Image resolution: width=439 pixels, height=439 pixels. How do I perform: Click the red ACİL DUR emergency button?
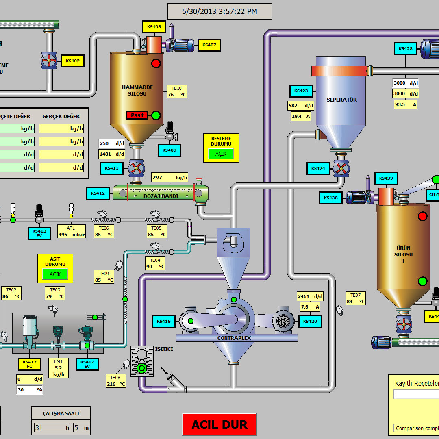coord(219,424)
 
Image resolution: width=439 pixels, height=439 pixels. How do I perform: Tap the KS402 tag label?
coord(73,61)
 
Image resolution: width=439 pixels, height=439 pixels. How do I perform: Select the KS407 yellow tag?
coord(209,45)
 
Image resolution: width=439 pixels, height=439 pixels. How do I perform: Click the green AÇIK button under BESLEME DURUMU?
coord(221,154)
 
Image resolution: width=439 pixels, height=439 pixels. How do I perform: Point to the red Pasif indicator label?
coord(137,115)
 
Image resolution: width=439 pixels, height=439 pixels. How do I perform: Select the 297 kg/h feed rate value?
coord(170,178)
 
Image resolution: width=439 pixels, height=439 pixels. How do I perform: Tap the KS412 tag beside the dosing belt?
coord(98,193)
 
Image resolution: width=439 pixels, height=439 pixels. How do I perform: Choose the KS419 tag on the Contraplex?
coord(163,321)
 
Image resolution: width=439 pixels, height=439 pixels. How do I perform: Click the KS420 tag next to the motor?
coord(310,321)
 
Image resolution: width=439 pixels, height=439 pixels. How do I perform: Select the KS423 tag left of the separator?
coord(301,91)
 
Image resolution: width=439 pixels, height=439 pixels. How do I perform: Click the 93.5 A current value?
coord(405,104)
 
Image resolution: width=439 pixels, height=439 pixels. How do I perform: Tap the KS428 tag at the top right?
coord(405,49)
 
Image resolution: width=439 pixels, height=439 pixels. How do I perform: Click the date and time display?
coord(219,11)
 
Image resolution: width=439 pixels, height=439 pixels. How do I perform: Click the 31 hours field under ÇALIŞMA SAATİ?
coord(52,428)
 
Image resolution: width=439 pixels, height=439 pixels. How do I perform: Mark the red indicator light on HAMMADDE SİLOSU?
coord(156,63)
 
